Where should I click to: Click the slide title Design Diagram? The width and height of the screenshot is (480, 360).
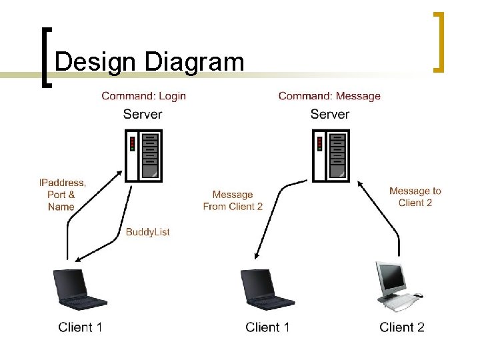coord(149,62)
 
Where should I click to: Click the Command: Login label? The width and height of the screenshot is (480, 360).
coord(143,96)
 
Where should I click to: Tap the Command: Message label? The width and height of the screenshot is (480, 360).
coord(329,96)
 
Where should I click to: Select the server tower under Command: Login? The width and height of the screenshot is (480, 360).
coord(145,156)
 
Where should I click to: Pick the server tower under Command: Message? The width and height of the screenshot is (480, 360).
coord(332,156)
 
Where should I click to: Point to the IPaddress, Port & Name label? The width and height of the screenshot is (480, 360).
coord(62,194)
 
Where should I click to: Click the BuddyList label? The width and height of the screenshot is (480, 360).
coord(148,232)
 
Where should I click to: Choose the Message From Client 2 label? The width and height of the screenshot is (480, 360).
coord(233,201)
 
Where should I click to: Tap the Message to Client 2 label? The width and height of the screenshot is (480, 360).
coord(415,197)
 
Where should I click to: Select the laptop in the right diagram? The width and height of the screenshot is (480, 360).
coord(267,289)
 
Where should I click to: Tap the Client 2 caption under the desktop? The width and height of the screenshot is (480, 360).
coord(402,327)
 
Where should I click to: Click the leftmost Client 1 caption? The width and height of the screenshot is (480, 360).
coord(80,327)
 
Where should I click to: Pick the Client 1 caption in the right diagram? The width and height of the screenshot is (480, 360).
coord(267,327)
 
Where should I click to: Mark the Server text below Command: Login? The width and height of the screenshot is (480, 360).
coord(143,114)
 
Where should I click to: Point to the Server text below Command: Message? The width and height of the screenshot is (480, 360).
coord(330,114)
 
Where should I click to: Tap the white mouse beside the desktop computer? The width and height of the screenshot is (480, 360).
coord(418,295)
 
